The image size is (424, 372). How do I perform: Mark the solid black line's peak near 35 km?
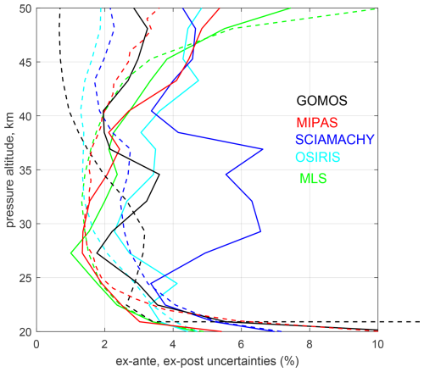point(159,174)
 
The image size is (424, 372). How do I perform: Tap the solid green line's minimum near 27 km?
point(70,253)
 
